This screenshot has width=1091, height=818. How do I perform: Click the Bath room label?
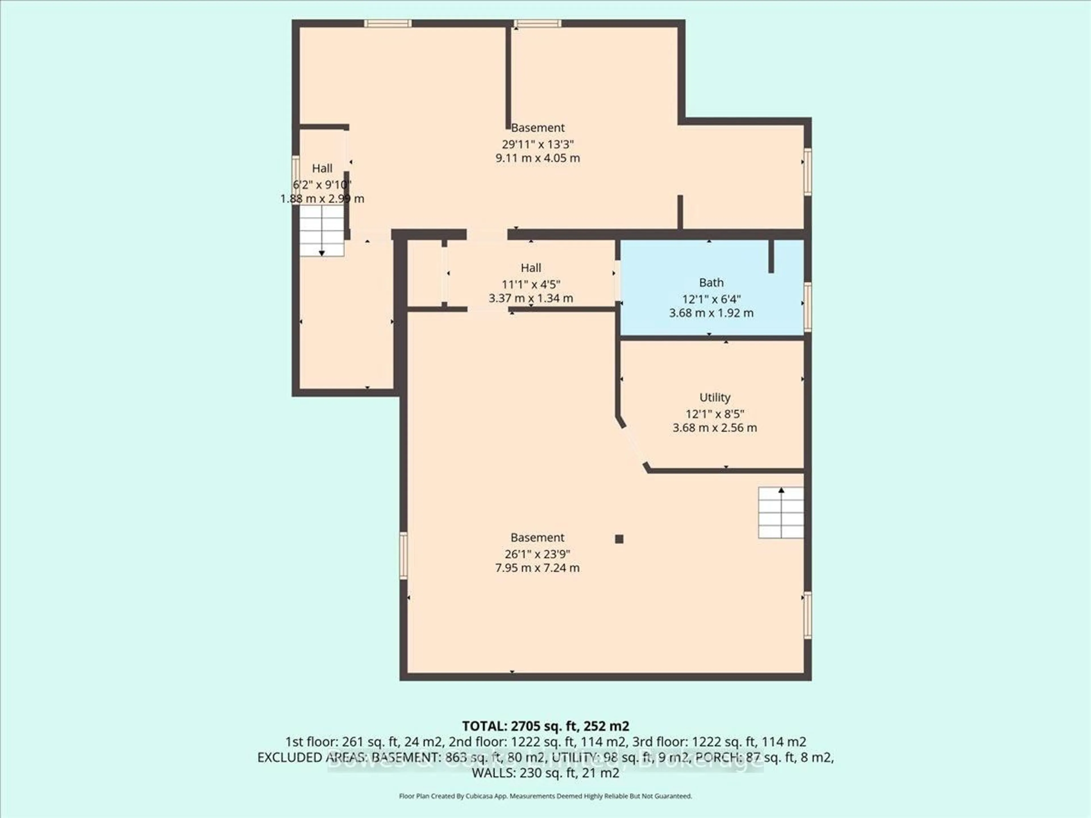pyautogui.click(x=711, y=283)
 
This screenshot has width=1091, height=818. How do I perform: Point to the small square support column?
pyautogui.click(x=619, y=539)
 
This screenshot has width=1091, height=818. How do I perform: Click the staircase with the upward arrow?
pyautogui.click(x=781, y=512)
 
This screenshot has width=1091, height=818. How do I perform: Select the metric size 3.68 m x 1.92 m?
pyautogui.click(x=711, y=313)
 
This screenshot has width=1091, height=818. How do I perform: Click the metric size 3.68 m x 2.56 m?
pyautogui.click(x=714, y=427)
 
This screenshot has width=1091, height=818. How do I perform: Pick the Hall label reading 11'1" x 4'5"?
pyautogui.click(x=531, y=268)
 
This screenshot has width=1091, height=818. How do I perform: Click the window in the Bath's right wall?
pyautogui.click(x=807, y=307)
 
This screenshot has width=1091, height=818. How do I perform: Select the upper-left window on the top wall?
pyautogui.click(x=388, y=23)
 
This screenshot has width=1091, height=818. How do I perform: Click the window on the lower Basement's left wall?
pyautogui.click(x=403, y=555)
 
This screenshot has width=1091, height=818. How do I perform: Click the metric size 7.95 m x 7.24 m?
pyautogui.click(x=537, y=567)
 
